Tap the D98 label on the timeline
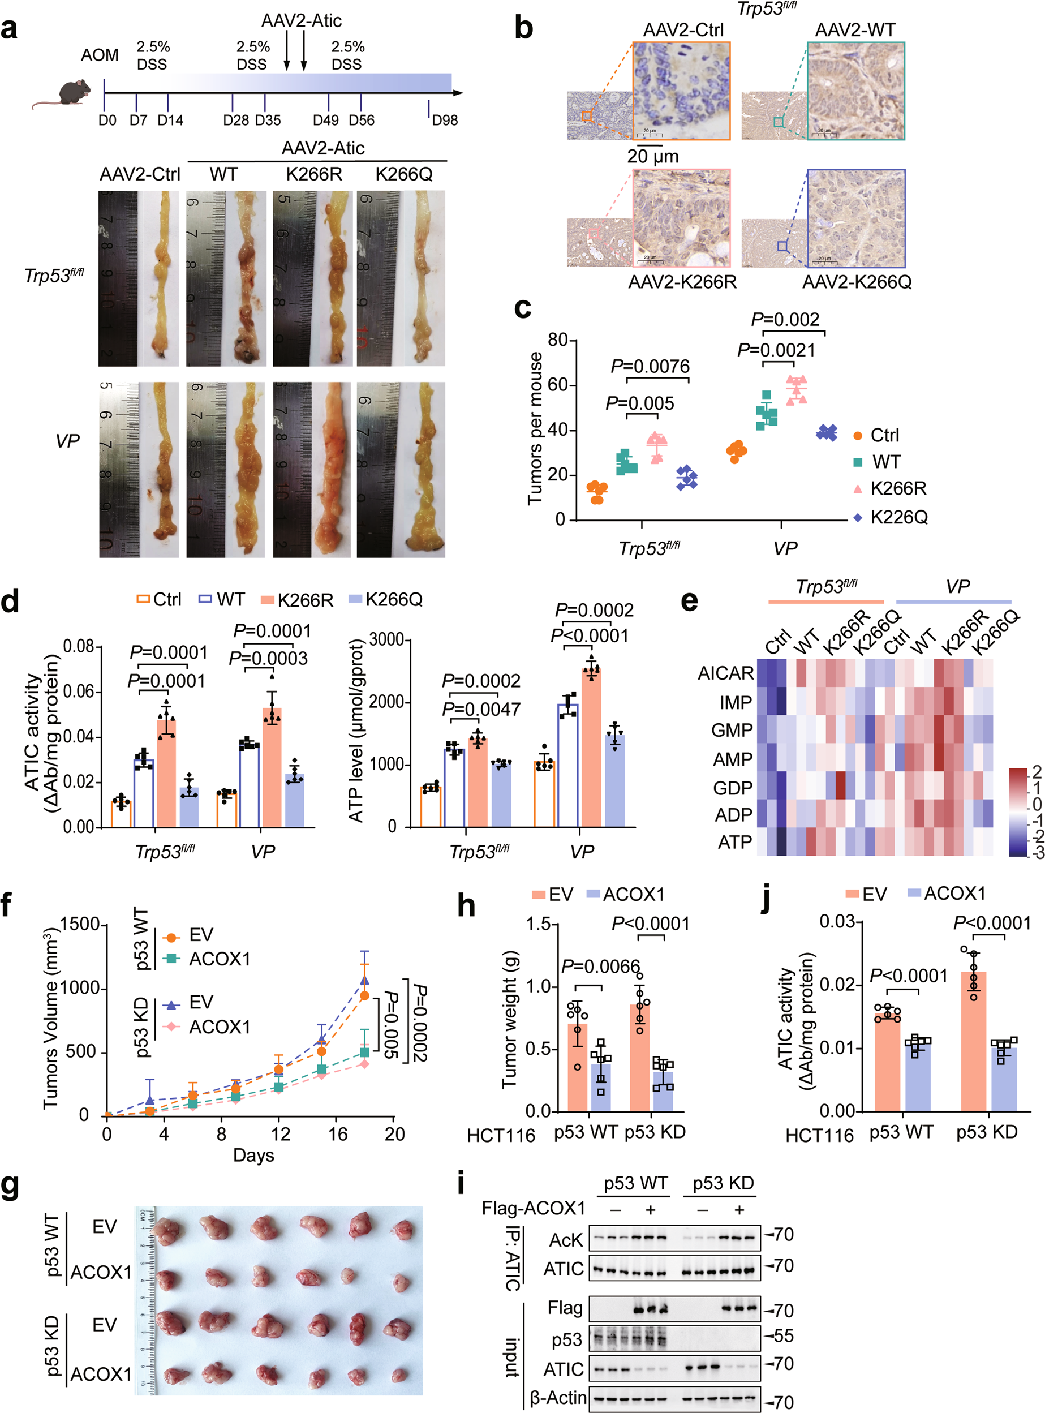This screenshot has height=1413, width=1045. [444, 120]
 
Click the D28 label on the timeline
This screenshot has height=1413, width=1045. [235, 120]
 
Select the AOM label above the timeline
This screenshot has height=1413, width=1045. [100, 55]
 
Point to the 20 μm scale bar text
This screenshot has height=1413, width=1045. [653, 156]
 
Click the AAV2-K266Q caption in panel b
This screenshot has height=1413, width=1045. [857, 282]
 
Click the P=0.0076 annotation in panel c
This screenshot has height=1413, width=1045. [650, 366]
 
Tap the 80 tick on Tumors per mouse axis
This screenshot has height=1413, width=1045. [557, 340]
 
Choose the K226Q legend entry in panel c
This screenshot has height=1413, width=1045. [898, 517]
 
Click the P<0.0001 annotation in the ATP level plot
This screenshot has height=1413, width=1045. [590, 635]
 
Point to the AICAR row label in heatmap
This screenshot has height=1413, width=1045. [725, 673]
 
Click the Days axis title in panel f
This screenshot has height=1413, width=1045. [253, 1155]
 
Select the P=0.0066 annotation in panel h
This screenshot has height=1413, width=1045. [600, 967]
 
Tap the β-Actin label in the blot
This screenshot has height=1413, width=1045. [558, 1397]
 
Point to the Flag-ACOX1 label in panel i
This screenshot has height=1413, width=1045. [534, 1209]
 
